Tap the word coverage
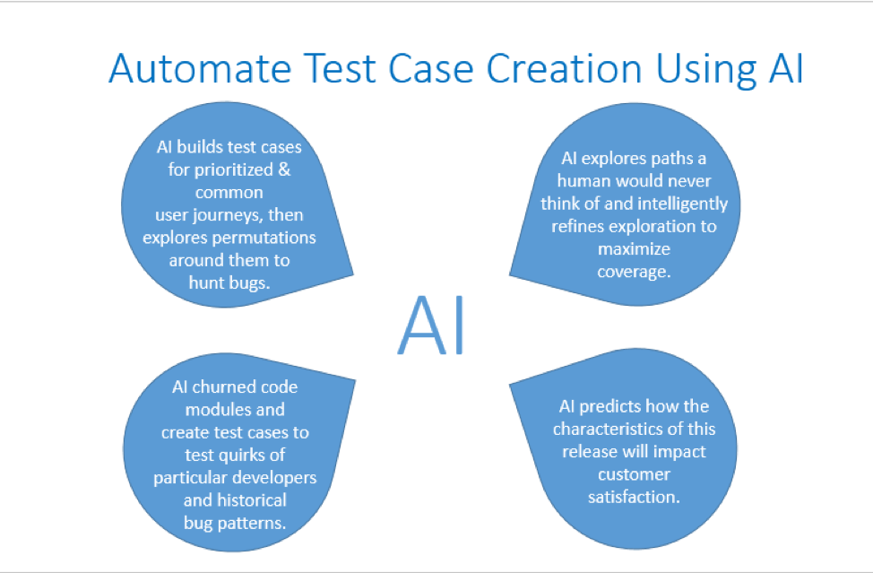point(634,272)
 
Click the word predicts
point(614,405)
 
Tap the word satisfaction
point(634,495)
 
